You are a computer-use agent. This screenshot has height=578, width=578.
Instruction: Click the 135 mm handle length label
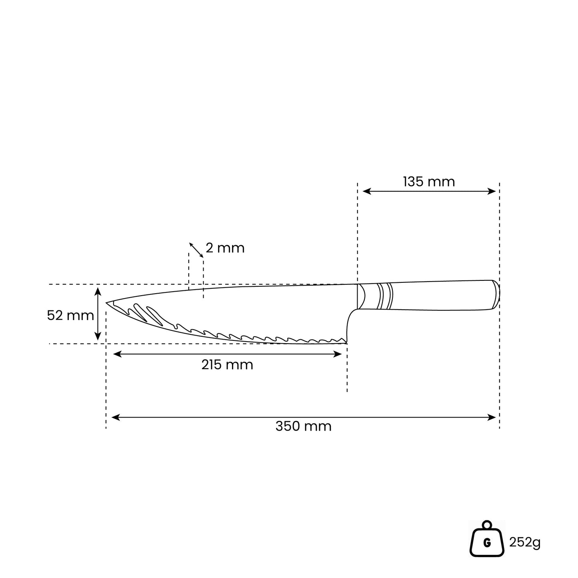[429, 182]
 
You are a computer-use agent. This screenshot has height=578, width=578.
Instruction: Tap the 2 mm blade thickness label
[225, 248]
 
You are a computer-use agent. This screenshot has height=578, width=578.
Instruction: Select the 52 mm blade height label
[70, 315]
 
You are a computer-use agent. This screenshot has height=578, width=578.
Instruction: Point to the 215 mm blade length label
[227, 365]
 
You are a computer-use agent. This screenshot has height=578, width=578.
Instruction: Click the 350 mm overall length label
[303, 426]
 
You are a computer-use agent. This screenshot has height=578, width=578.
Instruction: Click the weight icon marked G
[487, 539]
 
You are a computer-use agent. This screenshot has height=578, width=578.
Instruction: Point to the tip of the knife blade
[106, 303]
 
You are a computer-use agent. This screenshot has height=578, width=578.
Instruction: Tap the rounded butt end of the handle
[496, 294]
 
